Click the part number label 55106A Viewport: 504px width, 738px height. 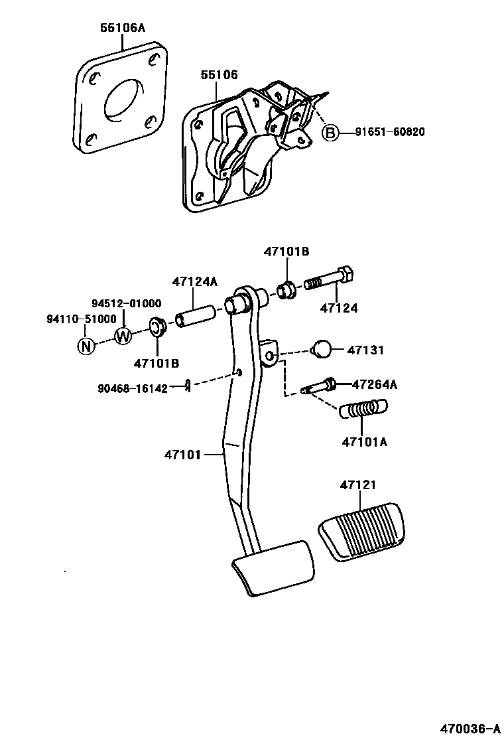[x=123, y=28]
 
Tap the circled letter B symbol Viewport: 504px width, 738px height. [x=330, y=133]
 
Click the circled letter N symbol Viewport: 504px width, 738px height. [x=85, y=345]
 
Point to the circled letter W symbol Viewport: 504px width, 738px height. [x=123, y=336]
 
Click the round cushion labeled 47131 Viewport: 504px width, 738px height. [x=321, y=349]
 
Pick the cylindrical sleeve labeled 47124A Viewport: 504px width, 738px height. [x=196, y=315]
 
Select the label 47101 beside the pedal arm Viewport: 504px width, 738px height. [x=183, y=455]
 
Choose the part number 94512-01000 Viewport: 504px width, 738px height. [x=126, y=303]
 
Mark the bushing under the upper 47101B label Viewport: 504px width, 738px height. [x=288, y=290]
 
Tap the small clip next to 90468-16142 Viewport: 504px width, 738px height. [x=188, y=386]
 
